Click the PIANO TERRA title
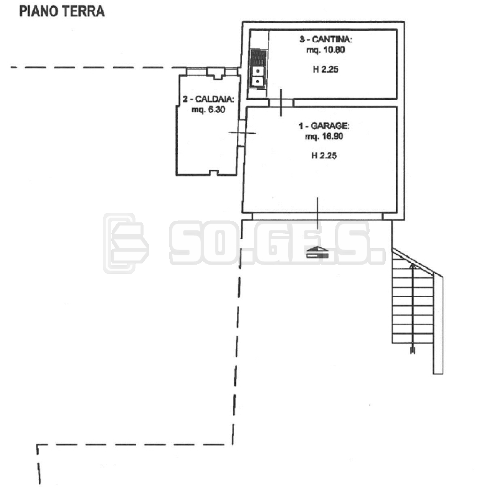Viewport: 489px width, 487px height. pos(62,12)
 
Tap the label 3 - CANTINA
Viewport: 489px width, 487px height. pos(326,40)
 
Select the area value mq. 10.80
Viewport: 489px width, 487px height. pos(325,50)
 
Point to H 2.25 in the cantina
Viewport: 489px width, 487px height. pos(325,70)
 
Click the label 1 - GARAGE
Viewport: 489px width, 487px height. pos(324,126)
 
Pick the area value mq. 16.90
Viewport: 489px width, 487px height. pos(324,136)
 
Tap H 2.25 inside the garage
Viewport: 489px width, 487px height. pos(324,156)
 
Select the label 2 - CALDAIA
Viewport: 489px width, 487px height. pos(208,99)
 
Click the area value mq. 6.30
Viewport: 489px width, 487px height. pos(208,110)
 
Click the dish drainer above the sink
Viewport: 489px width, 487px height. pos(259,57)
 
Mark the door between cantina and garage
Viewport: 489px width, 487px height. pos(281,103)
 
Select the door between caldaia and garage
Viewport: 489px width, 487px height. pos(242,133)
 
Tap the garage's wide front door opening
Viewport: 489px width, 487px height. pos(317,216)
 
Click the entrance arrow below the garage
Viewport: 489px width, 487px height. pos(317,252)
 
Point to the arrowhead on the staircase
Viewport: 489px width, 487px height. pos(413,266)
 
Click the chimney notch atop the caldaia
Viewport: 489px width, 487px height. pos(215,74)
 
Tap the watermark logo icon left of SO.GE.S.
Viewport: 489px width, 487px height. pos(126,243)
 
